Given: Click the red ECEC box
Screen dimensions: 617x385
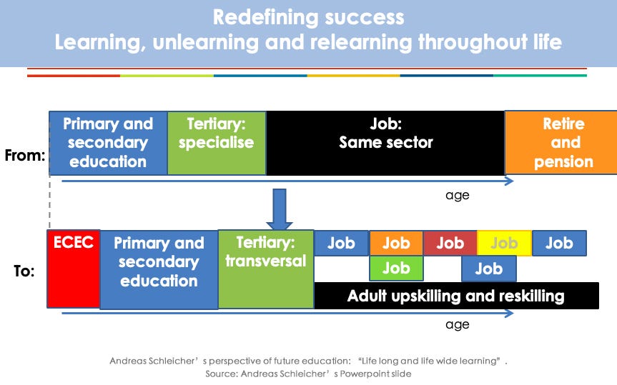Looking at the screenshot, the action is click(73, 269).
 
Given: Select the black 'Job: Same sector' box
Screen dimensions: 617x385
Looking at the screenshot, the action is click(385, 143).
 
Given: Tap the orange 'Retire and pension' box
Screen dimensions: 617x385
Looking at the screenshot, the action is click(561, 143).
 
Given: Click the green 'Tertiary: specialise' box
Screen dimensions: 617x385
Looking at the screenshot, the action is click(217, 143).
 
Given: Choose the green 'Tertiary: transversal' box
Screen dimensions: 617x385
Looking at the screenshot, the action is click(266, 269).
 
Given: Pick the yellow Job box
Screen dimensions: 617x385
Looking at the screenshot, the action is click(505, 243).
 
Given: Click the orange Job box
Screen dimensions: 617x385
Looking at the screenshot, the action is click(396, 243).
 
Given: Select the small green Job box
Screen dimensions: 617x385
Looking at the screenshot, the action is click(396, 268).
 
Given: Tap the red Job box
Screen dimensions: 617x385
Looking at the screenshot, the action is click(450, 243).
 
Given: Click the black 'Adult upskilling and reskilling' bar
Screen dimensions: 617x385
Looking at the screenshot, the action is click(456, 296).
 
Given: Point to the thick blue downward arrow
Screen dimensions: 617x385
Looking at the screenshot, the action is click(280, 209).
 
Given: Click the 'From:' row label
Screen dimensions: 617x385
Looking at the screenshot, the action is click(25, 155).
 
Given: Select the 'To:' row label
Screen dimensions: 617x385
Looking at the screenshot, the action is click(24, 271).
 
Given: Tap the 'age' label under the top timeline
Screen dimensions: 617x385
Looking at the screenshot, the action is click(458, 196).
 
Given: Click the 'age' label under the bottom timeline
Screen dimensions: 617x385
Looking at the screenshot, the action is click(458, 324).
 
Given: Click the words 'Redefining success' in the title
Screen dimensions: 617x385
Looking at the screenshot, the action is click(309, 17).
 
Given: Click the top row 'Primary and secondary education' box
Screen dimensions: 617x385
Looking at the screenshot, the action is click(109, 143).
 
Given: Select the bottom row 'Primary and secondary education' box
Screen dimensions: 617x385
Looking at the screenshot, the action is click(159, 270).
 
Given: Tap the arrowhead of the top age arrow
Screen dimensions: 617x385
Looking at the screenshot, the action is click(510, 181).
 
